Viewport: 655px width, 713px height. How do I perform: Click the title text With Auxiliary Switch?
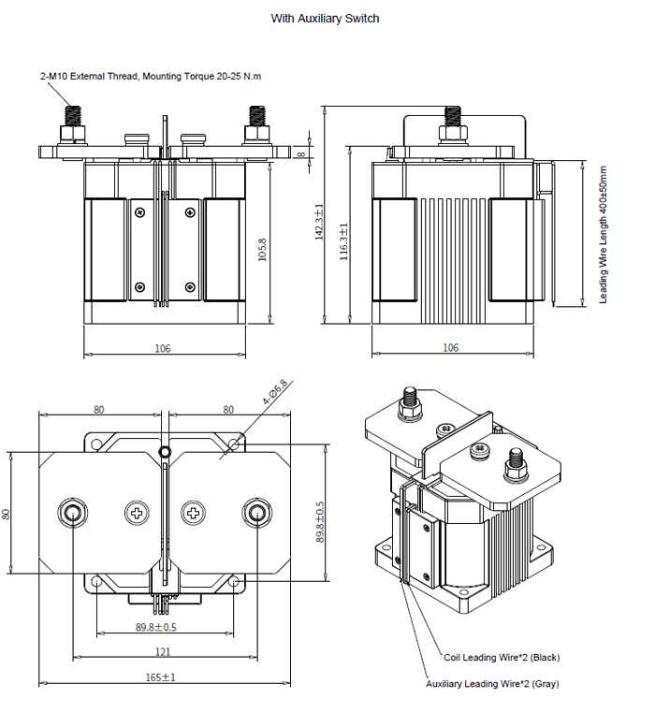point(325,19)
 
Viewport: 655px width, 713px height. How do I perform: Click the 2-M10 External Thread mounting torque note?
point(150,76)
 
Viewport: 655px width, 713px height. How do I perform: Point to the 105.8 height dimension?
point(262,249)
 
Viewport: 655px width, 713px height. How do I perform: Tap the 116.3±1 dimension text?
point(343,241)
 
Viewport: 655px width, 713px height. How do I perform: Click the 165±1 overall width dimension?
point(163,677)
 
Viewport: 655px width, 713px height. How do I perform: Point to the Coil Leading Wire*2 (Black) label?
point(502,657)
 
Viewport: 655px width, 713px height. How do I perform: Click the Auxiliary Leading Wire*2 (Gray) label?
point(492,684)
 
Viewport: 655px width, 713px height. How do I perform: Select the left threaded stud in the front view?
point(71,120)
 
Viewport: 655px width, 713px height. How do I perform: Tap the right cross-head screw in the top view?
point(194,513)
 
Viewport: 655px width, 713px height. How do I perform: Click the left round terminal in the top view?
point(72,512)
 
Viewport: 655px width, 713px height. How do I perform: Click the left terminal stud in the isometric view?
point(408,400)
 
